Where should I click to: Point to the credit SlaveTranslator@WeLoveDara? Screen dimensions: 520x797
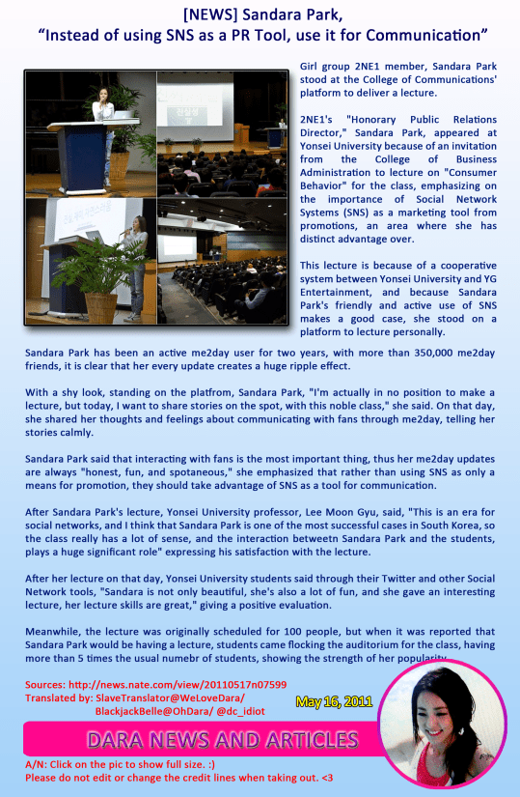click(x=170, y=697)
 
